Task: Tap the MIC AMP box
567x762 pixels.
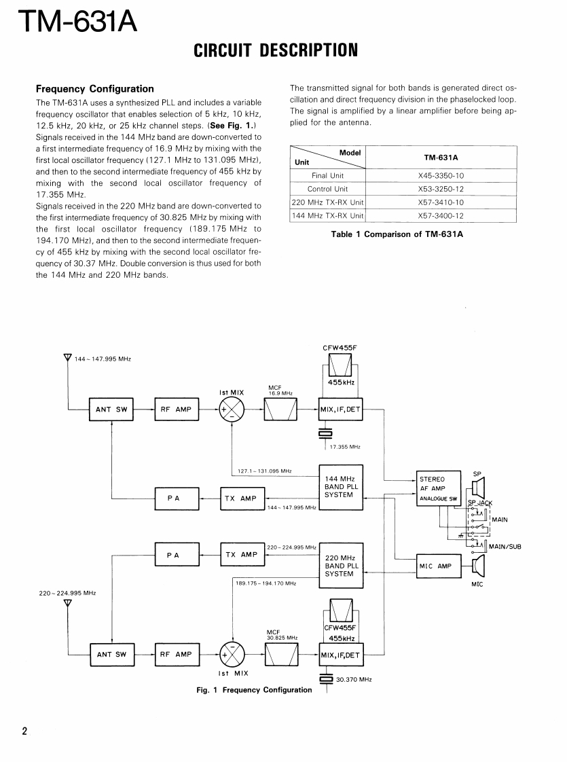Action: click(435, 566)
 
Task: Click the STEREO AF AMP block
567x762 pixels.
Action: click(439, 488)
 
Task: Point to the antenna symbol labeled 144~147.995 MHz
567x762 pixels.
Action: click(67, 357)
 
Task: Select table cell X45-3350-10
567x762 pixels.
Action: click(441, 175)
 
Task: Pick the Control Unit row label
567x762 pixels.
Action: click(327, 189)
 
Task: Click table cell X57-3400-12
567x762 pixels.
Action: click(441, 216)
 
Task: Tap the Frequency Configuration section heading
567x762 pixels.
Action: click(94, 89)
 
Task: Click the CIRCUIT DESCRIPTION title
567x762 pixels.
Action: click(276, 50)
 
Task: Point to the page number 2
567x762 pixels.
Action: click(24, 731)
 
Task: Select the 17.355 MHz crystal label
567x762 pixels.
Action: click(344, 447)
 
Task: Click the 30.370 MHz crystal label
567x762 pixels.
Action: click(354, 679)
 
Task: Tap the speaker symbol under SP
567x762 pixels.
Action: click(478, 487)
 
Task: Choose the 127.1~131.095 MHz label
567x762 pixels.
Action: click(264, 471)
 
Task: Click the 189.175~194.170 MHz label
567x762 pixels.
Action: click(266, 583)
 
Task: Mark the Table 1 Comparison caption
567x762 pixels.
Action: click(403, 235)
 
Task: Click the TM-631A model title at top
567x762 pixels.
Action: click(77, 22)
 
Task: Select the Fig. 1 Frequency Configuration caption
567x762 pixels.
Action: click(254, 690)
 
